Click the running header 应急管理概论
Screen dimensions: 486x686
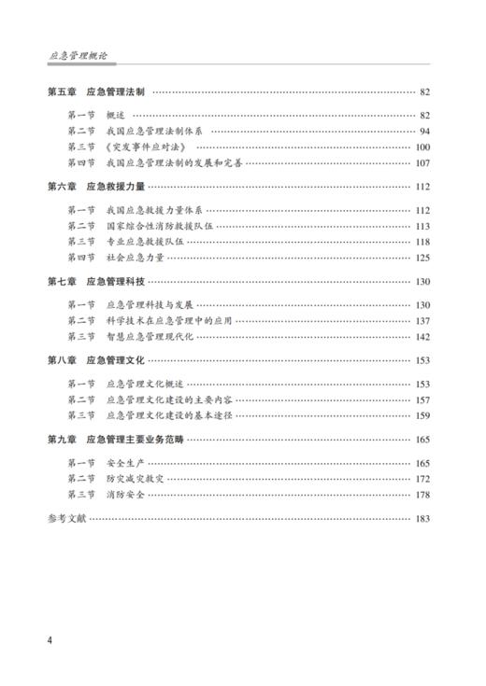78,56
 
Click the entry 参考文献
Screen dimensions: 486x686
65,518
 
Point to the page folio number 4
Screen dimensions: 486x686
50,642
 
